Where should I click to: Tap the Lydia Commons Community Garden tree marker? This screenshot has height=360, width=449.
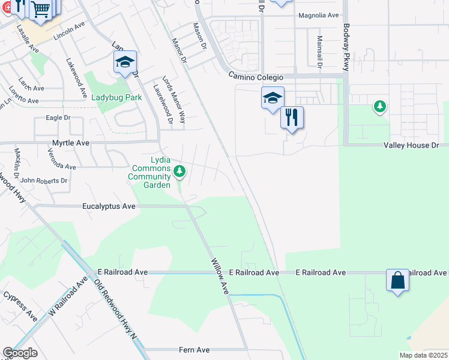tap(179, 172)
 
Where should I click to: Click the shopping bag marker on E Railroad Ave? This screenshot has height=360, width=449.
tap(397, 280)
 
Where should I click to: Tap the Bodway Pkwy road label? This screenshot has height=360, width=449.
tap(346, 47)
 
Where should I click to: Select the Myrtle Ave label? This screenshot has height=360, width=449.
tap(71, 143)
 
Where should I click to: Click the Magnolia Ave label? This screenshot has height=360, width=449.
tap(319, 16)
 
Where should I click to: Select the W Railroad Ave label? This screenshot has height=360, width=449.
tap(68, 299)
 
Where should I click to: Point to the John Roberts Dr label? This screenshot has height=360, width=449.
tap(44, 180)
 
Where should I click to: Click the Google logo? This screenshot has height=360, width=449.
tap(20, 353)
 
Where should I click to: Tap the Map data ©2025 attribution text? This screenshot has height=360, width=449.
tap(423, 355)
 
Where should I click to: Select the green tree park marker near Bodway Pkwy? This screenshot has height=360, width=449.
tap(379, 107)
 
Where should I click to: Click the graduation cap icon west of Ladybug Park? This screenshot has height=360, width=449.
tap(125, 62)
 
